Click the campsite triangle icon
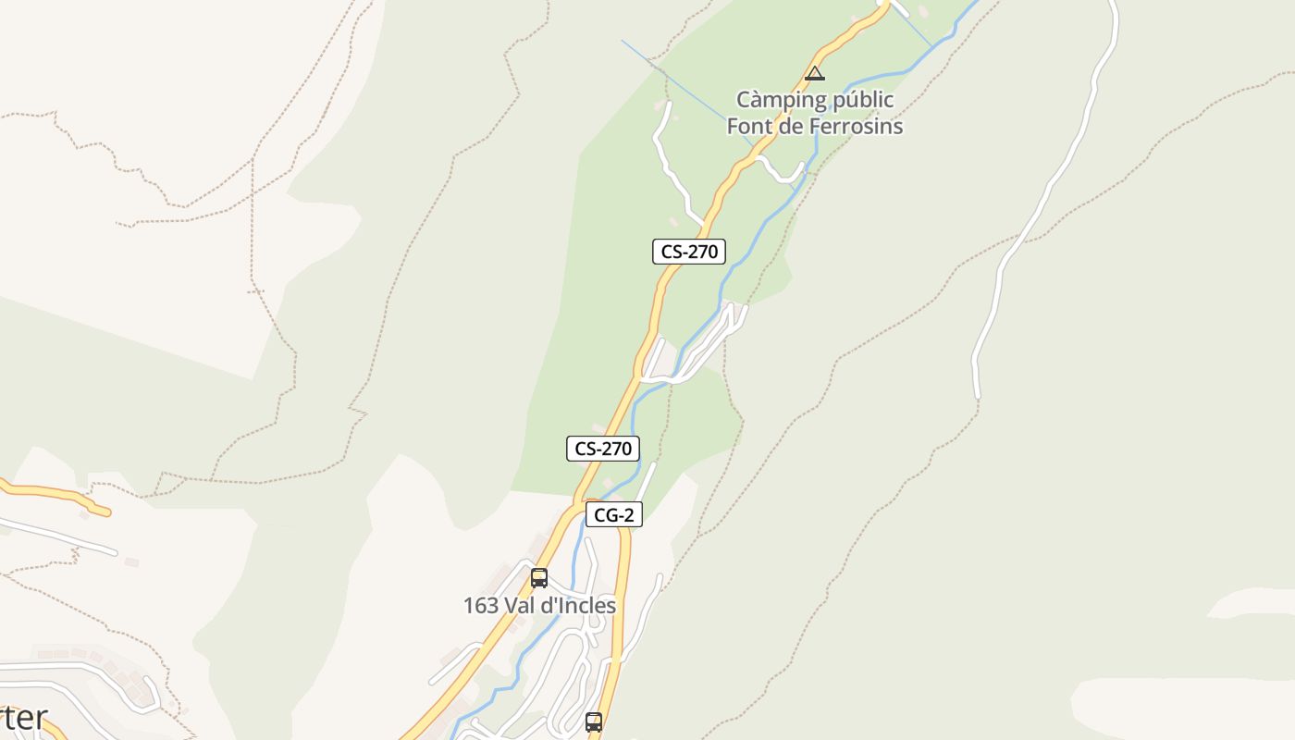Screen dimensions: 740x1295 tap(814, 73)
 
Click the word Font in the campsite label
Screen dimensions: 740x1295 tap(749, 126)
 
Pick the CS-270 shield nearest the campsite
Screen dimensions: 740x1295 tap(688, 251)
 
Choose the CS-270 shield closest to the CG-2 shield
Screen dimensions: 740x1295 tap(602, 449)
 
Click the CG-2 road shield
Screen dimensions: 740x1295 tap(613, 515)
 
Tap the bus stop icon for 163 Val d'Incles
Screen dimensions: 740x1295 tap(539, 578)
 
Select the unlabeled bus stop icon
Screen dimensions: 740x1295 tap(594, 721)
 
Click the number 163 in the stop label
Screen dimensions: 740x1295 tap(481, 606)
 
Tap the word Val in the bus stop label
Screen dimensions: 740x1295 tap(522, 606)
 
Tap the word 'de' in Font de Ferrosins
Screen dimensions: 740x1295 tap(791, 126)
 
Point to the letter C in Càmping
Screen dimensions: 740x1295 tap(744, 100)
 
